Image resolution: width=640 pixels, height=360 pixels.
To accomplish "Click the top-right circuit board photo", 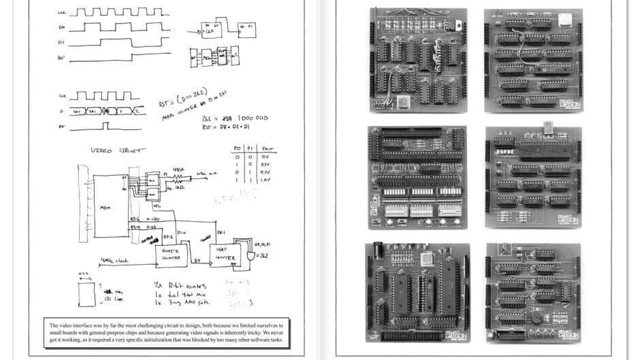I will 533,61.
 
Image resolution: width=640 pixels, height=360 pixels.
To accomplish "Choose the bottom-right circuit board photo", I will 533,291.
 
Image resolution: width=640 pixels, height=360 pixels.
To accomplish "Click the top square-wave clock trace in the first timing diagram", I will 119,12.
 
